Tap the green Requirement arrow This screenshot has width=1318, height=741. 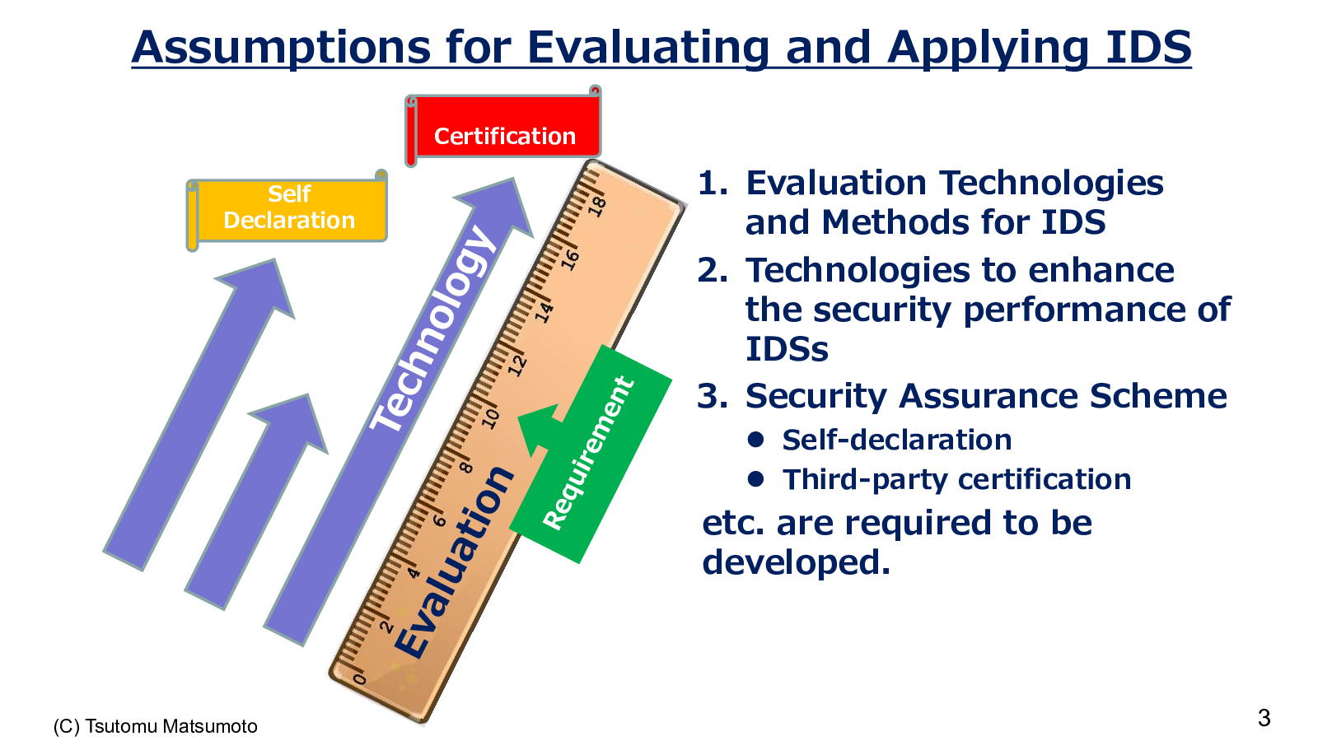point(591,453)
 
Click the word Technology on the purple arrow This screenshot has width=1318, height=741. point(432,329)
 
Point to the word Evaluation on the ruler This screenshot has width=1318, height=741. point(452,562)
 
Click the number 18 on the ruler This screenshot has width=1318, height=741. point(597,207)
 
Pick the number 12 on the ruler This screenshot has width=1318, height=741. point(517,366)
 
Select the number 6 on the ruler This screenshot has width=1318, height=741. point(439,520)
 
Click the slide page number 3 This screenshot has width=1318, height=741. point(1264,718)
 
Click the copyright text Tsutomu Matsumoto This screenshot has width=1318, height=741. point(171,726)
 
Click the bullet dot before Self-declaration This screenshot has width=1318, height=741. point(755,440)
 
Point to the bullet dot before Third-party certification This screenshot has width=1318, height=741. point(755,479)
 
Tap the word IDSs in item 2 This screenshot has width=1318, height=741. point(787,349)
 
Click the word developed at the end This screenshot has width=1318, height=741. point(796,562)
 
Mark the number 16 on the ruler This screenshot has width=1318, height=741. point(569,259)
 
